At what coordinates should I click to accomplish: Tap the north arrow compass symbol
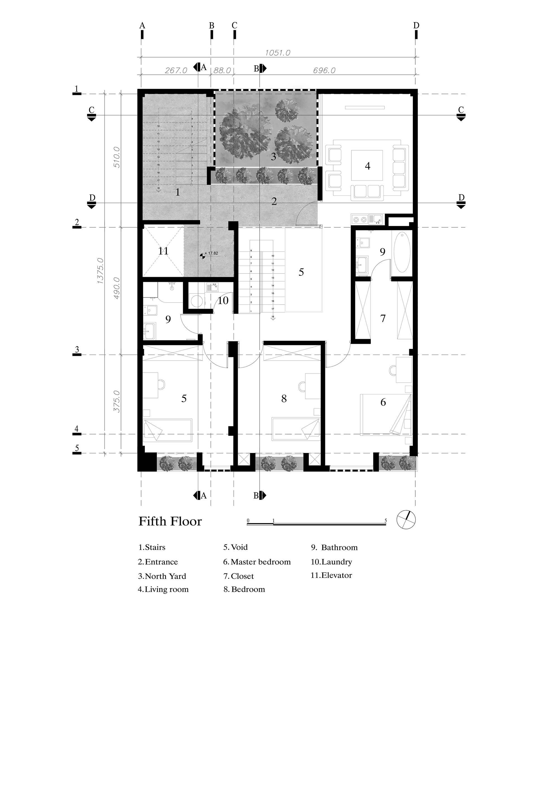click(406, 520)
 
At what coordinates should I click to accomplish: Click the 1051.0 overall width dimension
click(277, 53)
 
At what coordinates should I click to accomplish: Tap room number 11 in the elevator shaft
click(163, 251)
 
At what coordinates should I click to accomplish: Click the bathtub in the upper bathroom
click(402, 252)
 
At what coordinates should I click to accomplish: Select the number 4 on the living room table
click(367, 166)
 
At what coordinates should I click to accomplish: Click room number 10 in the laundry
click(223, 300)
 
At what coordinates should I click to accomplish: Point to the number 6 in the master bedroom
click(383, 402)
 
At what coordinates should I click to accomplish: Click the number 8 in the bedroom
click(284, 399)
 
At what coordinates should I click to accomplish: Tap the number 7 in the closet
click(383, 318)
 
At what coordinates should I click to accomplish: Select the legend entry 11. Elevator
click(331, 575)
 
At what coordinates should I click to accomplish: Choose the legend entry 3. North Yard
click(162, 576)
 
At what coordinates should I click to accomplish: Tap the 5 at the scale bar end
click(386, 521)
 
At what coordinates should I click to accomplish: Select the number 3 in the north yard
click(273, 157)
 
